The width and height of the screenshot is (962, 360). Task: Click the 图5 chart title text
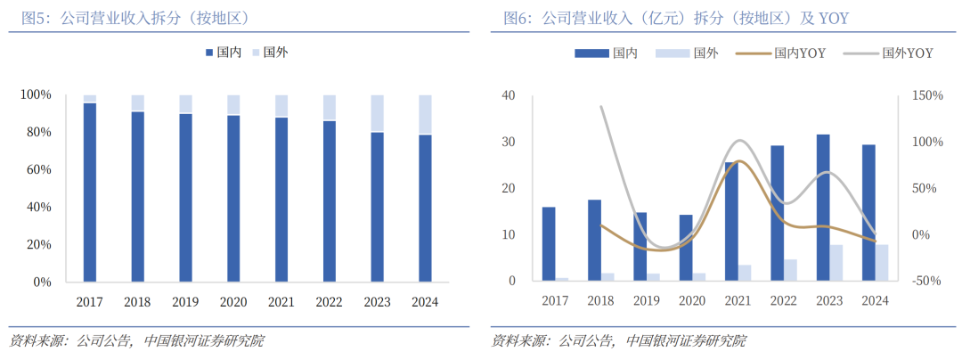pyautogui.click(x=135, y=18)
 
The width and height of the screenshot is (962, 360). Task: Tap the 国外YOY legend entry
pyautogui.click(x=895, y=53)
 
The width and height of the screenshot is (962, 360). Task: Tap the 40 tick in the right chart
pyautogui.click(x=509, y=95)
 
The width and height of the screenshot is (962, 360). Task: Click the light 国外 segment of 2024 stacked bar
pyautogui.click(x=425, y=114)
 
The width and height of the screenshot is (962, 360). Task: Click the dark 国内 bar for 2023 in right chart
pyautogui.click(x=823, y=208)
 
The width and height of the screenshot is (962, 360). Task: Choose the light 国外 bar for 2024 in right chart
pyautogui.click(x=882, y=263)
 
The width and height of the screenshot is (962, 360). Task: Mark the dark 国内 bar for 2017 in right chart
pyautogui.click(x=549, y=244)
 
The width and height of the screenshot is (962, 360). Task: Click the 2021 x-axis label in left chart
pyautogui.click(x=281, y=301)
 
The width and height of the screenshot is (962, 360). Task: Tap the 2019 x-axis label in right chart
pyautogui.click(x=648, y=301)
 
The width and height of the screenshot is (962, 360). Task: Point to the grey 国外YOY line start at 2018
pyautogui.click(x=601, y=107)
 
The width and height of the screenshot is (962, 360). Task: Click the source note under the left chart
pyautogui.click(x=136, y=341)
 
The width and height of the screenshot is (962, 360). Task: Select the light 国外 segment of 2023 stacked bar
pyautogui.click(x=378, y=113)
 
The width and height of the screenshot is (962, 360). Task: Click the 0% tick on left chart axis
pyautogui.click(x=41, y=282)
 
